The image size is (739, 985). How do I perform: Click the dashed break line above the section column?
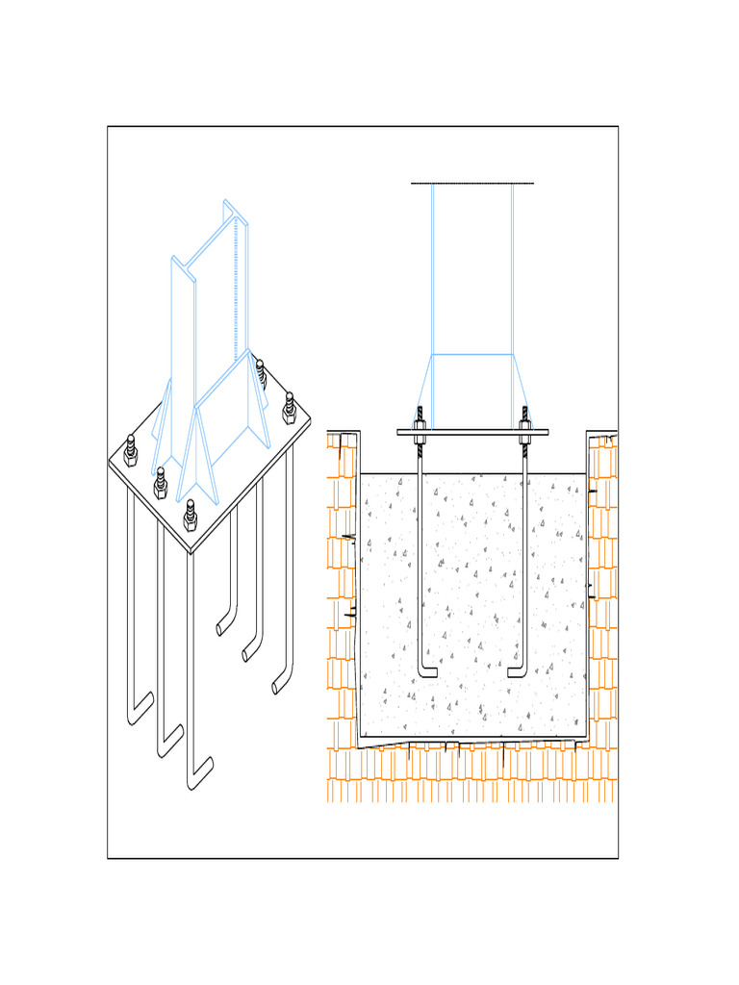click(x=471, y=183)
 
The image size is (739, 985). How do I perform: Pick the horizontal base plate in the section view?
click(x=472, y=432)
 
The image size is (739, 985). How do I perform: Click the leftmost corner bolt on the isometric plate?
click(x=131, y=449)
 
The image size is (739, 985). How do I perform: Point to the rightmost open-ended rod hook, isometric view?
click(x=280, y=684)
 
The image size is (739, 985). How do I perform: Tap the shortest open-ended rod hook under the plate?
click(x=223, y=628)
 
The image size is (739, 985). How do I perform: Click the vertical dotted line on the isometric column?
click(x=235, y=289)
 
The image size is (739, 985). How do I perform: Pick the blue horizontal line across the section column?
click(x=471, y=354)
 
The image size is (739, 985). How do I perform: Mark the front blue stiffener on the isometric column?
click(x=203, y=452)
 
